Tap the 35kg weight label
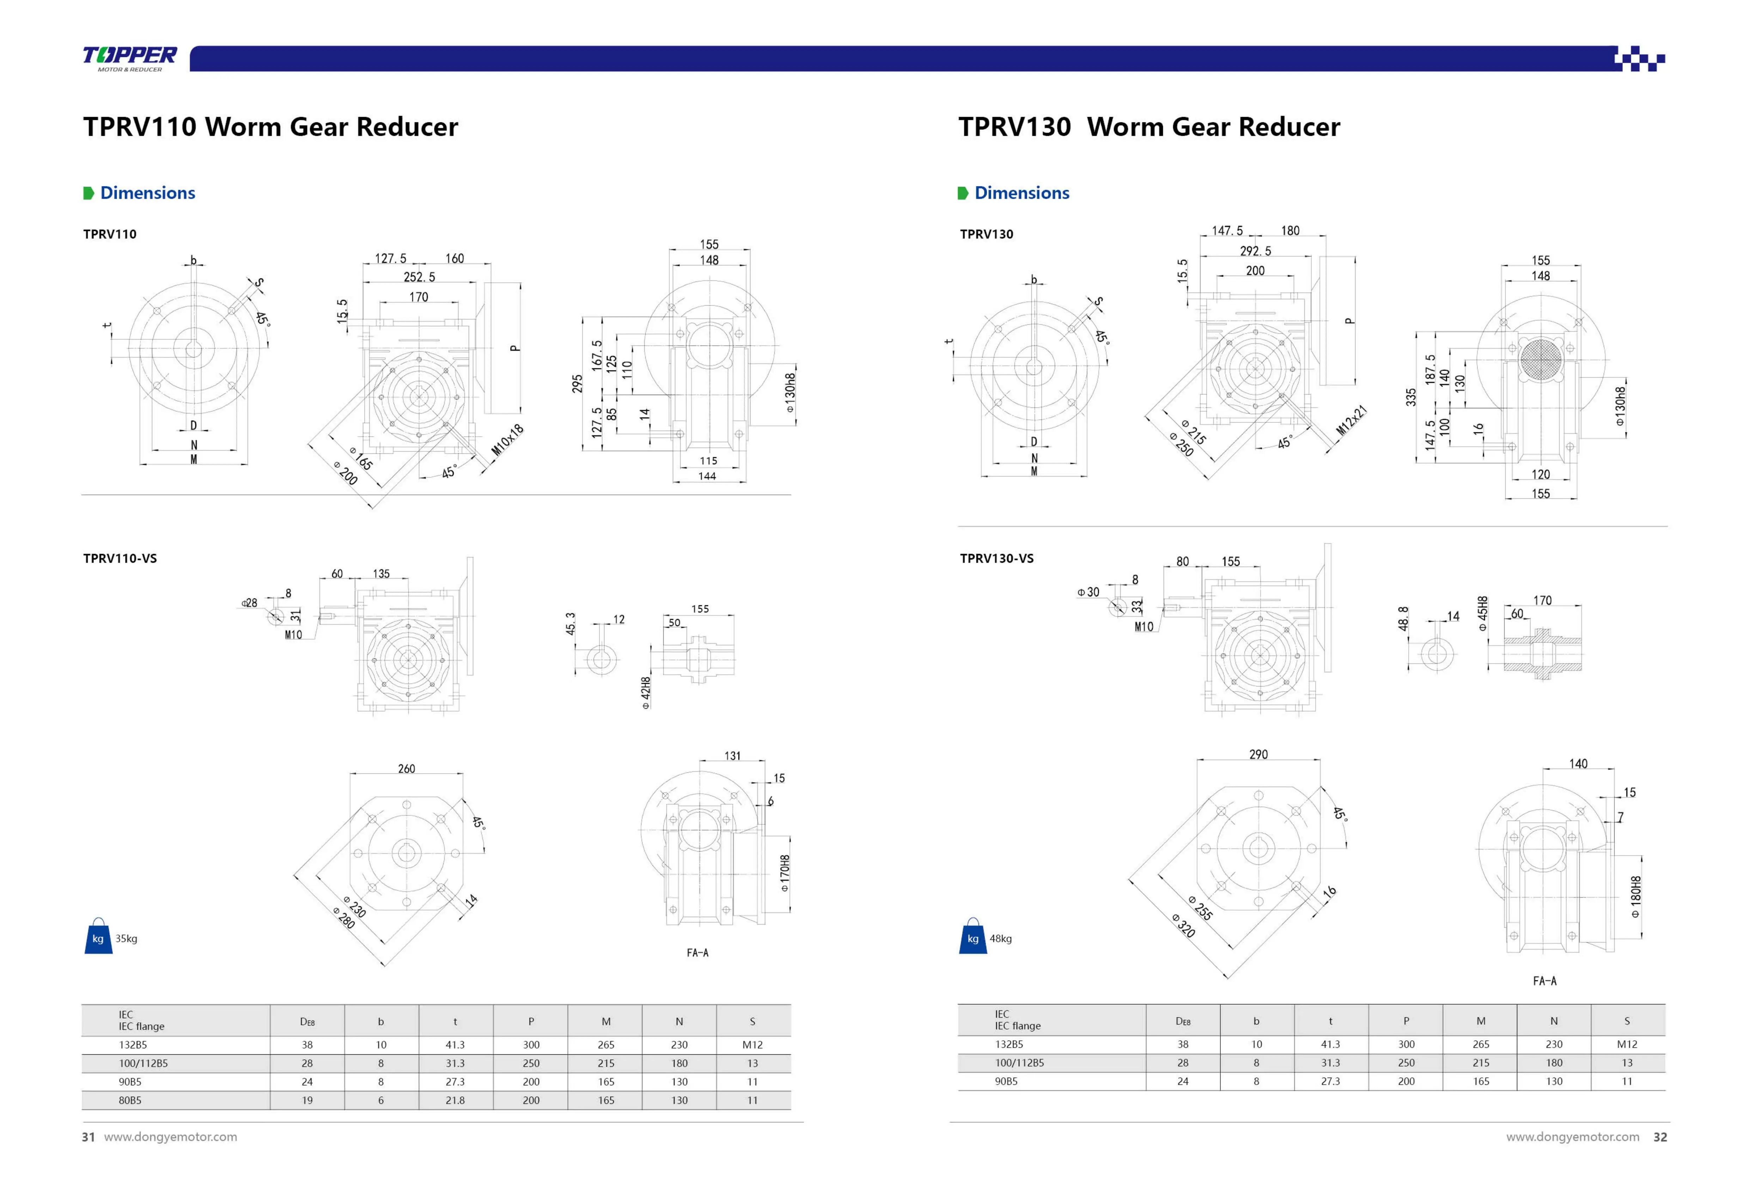coord(126,939)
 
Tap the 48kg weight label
coord(1000,939)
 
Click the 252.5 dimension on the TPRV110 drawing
coord(419,277)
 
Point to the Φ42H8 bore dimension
coord(646,693)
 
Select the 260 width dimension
coord(406,768)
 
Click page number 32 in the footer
coord(1659,1137)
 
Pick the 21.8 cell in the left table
coord(455,1101)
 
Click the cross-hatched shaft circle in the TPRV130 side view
coord(1540,358)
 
